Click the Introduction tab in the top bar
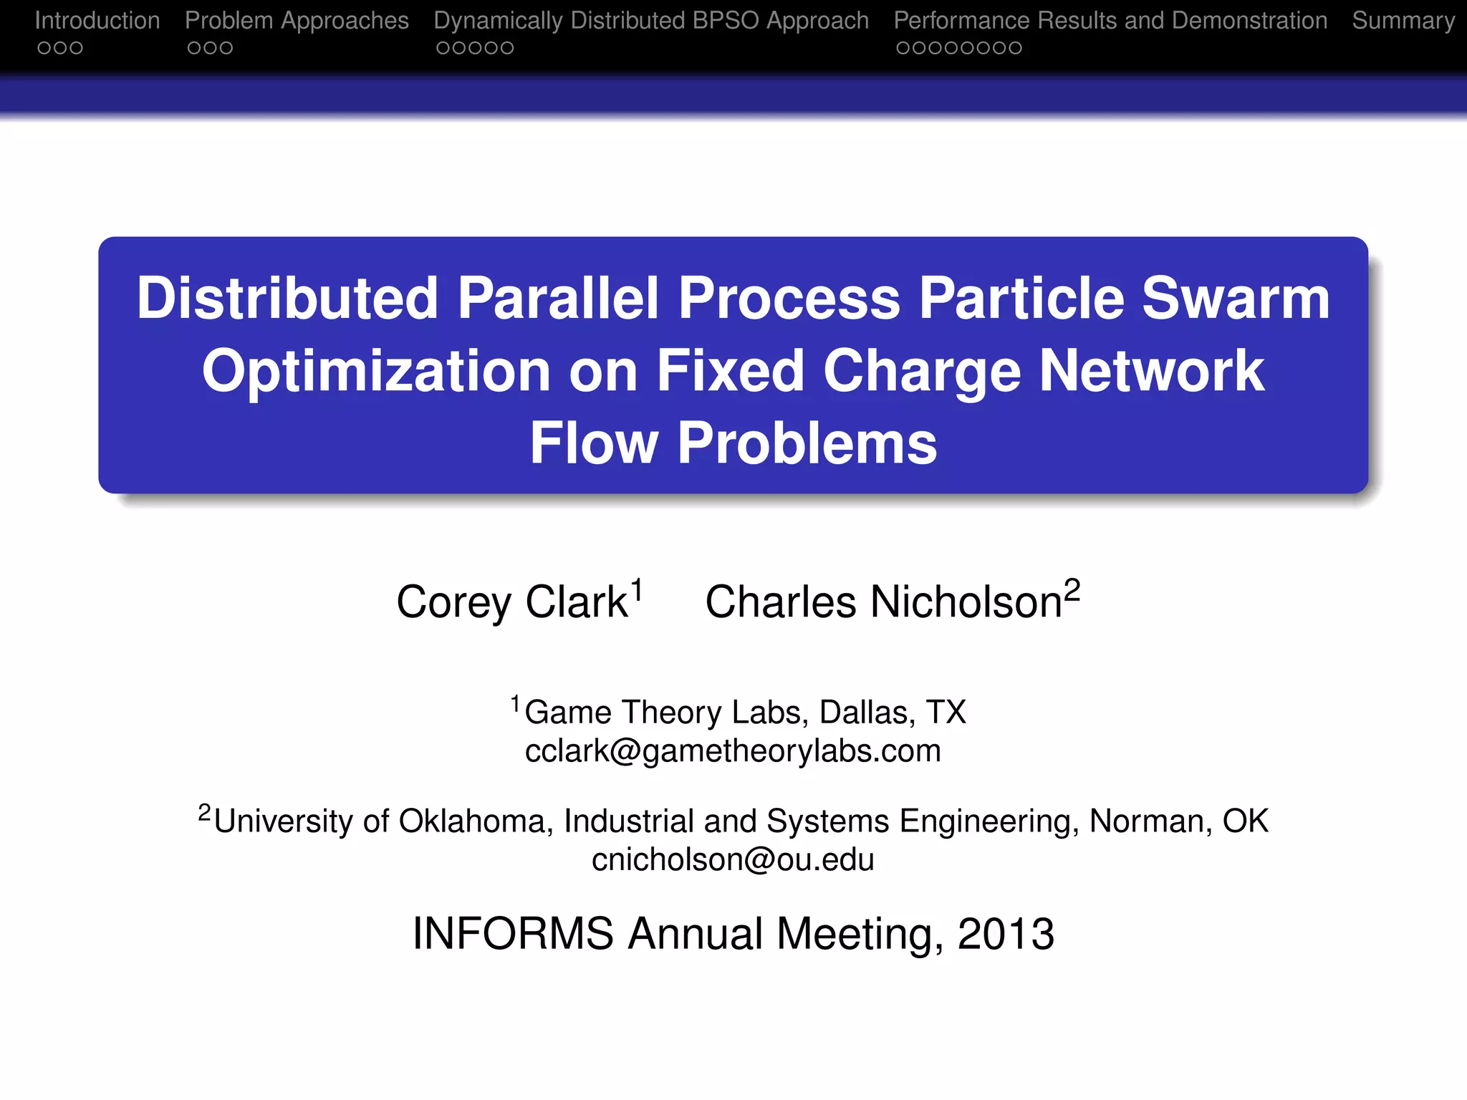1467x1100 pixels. coord(97,21)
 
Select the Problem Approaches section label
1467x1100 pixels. coord(297,21)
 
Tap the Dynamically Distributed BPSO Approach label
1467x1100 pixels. coord(651,21)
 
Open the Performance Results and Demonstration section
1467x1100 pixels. coord(1110,21)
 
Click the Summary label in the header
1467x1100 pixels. coord(1403,21)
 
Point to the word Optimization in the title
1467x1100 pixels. coord(376,371)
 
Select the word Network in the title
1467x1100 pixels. coord(1152,371)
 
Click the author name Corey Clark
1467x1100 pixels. coord(512,602)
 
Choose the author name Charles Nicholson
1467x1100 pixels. coord(883,602)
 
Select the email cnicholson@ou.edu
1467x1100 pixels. coord(733,859)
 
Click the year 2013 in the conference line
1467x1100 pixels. coord(1006,934)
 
